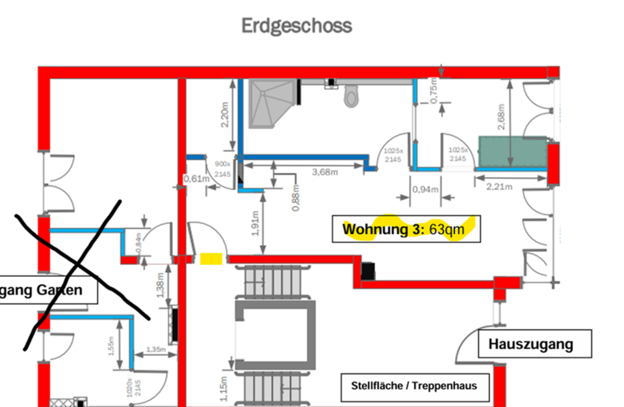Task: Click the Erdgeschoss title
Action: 297,26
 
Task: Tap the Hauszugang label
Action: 535,344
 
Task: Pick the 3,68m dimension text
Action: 325,173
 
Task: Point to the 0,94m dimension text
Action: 426,190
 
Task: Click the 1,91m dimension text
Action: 255,223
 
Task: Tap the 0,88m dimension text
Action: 295,199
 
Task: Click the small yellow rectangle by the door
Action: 210,259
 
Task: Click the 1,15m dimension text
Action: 223,389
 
